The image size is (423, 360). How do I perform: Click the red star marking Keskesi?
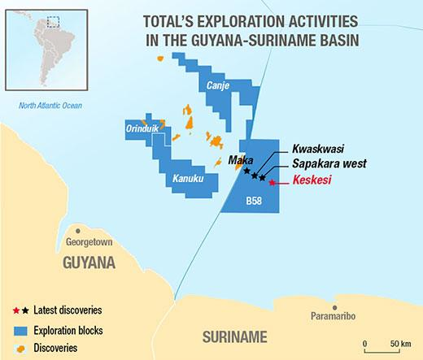(273, 183)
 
